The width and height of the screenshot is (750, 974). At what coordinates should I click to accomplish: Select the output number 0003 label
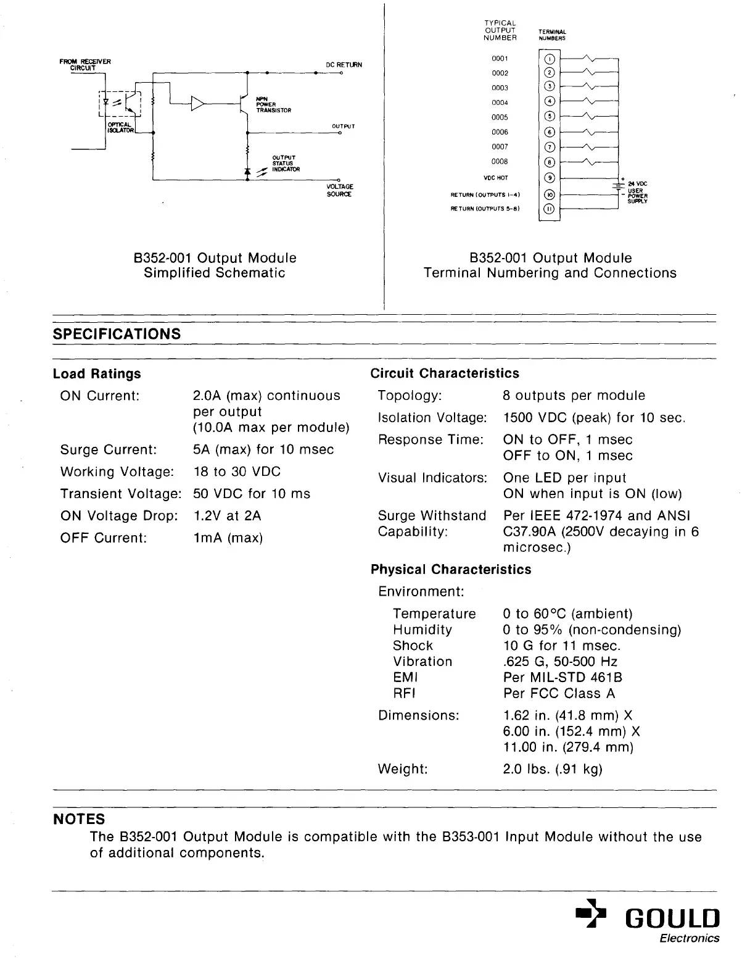(500, 88)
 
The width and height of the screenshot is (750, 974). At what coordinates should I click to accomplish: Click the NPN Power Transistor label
(273, 104)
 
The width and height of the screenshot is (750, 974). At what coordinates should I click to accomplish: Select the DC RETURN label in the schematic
(344, 65)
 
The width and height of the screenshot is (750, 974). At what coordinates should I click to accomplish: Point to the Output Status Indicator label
(286, 164)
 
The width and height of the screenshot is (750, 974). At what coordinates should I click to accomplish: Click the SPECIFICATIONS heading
(117, 334)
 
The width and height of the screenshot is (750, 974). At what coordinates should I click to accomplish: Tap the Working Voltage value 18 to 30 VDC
(237, 472)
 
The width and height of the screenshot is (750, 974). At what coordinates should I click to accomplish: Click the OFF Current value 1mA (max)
(228, 538)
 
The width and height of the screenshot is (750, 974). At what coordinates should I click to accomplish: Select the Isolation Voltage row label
(432, 418)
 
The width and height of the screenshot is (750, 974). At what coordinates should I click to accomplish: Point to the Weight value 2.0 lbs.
(553, 769)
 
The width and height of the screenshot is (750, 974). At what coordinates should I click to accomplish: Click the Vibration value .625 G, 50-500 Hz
(561, 661)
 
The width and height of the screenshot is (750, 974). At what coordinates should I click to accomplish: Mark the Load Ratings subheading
(97, 373)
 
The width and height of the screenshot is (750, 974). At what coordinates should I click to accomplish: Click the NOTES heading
(79, 819)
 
